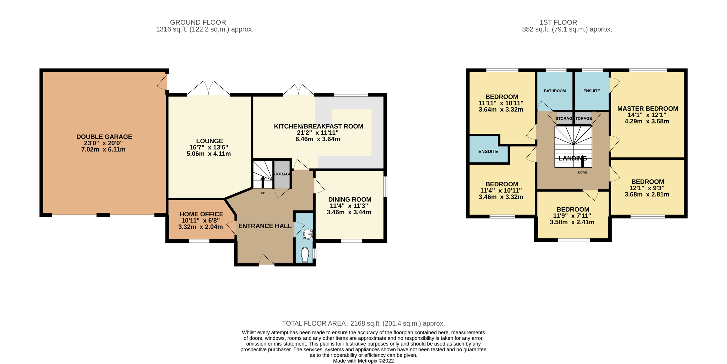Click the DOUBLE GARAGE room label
tap(104, 137)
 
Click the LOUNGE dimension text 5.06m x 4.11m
tap(209, 154)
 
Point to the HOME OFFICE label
tap(201, 214)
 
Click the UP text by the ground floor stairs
tap(263, 193)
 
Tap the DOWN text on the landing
tap(583, 172)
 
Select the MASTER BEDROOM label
tap(648, 109)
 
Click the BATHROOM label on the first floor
tap(555, 91)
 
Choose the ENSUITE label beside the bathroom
tap(592, 91)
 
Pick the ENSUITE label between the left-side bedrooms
tap(488, 152)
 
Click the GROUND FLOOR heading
tap(198, 22)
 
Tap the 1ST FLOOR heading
tap(558, 22)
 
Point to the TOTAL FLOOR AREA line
tap(363, 323)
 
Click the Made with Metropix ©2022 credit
tap(363, 361)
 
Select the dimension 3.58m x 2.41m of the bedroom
tap(572, 222)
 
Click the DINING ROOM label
tap(350, 199)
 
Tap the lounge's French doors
tap(208, 88)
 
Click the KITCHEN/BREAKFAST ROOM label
tap(318, 126)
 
